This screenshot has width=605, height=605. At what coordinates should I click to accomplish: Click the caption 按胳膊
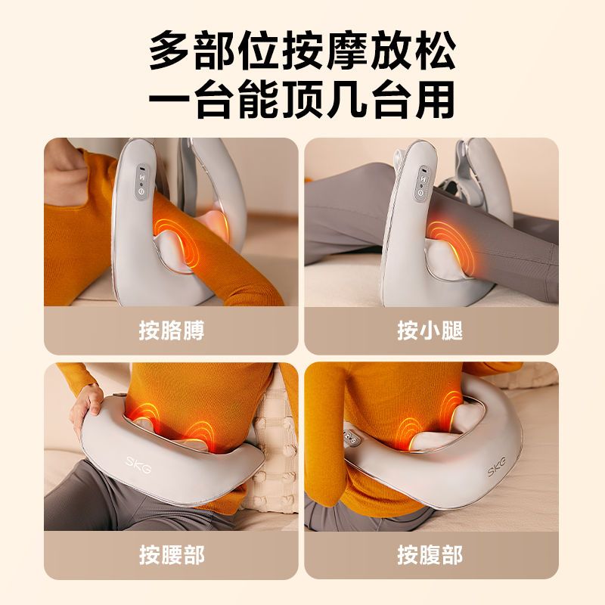tap(172, 330)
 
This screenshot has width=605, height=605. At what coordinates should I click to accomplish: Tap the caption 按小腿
tap(430, 330)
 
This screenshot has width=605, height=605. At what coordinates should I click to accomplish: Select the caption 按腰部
tap(172, 554)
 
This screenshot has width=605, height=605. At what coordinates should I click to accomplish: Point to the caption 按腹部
tap(430, 554)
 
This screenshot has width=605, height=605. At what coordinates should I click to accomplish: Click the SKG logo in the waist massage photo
tap(139, 464)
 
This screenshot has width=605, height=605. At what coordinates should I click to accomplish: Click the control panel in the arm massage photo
tap(141, 183)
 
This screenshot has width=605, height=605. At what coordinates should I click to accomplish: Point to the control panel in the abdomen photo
tap(352, 436)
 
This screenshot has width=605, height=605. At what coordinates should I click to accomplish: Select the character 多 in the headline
tap(169, 51)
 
